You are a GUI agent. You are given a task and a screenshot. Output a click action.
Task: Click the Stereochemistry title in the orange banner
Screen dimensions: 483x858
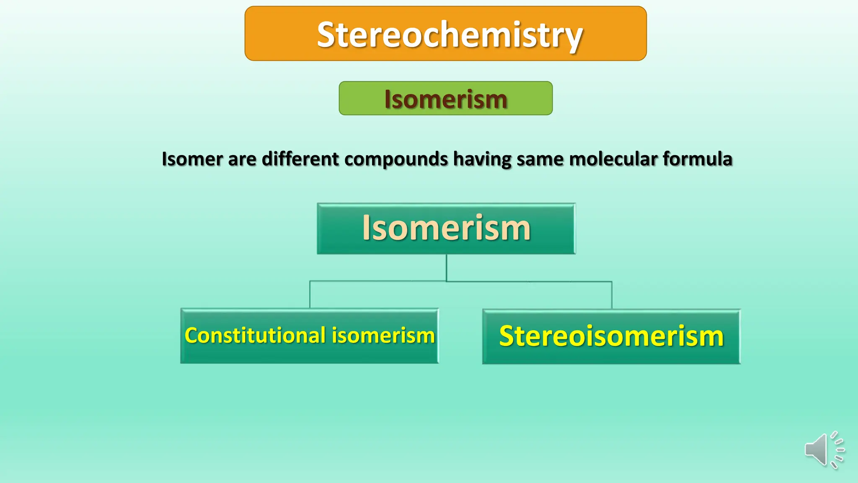pyautogui.click(x=450, y=34)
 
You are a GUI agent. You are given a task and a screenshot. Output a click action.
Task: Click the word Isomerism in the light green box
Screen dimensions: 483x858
pyautogui.click(x=445, y=99)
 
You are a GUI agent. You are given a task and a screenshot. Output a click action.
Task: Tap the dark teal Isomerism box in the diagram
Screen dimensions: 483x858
pyautogui.click(x=446, y=229)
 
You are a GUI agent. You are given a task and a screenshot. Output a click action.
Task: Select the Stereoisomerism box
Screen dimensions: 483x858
pyautogui.click(x=611, y=336)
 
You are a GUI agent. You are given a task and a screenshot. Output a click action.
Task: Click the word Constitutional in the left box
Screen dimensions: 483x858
pyautogui.click(x=255, y=335)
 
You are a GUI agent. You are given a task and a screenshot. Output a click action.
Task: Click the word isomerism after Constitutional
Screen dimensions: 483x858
pyautogui.click(x=383, y=335)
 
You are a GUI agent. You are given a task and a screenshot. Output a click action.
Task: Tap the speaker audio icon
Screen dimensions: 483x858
pyautogui.click(x=817, y=450)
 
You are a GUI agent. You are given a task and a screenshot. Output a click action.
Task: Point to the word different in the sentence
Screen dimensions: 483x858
pyautogui.click(x=300, y=159)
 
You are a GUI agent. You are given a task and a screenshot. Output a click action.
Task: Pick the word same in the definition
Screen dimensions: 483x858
pyautogui.click(x=540, y=159)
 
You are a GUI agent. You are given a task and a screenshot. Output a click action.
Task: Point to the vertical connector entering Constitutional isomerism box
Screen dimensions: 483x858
pyautogui.click(x=310, y=295)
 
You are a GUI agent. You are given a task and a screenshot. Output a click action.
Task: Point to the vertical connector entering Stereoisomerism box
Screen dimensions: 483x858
pyautogui.click(x=612, y=295)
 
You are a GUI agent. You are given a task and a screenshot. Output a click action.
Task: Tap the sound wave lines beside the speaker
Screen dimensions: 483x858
pyautogui.click(x=837, y=450)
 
